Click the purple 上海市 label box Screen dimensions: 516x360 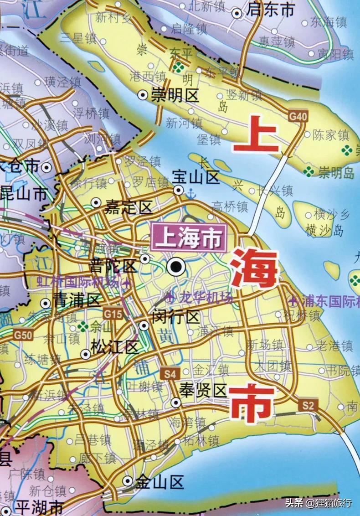point(189,238)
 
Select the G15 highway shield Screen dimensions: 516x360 point(113,314)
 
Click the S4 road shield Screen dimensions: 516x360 point(170,374)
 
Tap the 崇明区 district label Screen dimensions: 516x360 point(175,96)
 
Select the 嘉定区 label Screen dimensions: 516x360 point(128,208)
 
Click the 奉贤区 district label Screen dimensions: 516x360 point(202,391)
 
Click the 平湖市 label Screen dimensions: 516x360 point(39,507)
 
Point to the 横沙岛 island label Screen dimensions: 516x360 point(325,231)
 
